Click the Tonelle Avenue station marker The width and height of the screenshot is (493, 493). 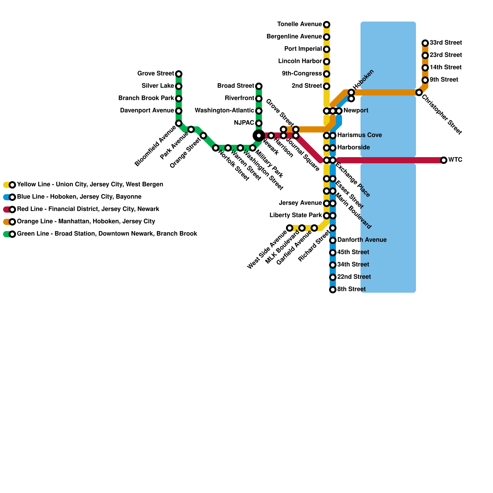(327, 25)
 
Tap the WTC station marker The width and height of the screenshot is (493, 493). (444, 160)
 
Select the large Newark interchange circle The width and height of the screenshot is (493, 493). (259, 136)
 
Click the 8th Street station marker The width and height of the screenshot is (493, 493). (333, 290)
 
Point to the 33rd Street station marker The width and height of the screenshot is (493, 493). (425, 43)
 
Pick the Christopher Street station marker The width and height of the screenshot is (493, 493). (419, 92)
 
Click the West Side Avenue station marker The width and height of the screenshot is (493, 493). (290, 228)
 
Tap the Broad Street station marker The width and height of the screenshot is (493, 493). (259, 86)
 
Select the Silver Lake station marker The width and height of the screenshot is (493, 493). (179, 86)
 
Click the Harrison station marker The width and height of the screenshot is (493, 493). (271, 136)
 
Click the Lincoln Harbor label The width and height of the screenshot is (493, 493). (300, 61)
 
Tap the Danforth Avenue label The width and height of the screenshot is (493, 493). (362, 240)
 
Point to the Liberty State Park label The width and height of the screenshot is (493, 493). (295, 215)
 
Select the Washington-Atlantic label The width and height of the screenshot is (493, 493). (224, 111)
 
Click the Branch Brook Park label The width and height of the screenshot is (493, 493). (146, 98)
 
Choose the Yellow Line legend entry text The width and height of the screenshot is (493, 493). (90, 185)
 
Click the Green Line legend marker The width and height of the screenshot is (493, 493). (12, 234)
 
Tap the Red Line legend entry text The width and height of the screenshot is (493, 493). (88, 209)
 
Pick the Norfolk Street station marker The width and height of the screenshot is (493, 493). (216, 148)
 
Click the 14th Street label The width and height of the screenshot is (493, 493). (446, 67)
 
